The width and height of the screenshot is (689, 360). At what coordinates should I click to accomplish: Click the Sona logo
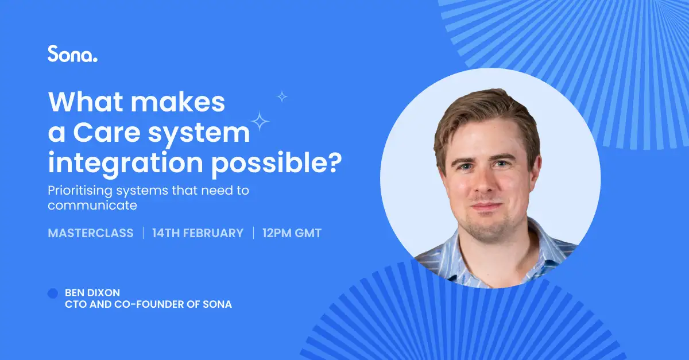click(x=72, y=54)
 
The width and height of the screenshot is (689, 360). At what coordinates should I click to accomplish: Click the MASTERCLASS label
click(x=91, y=233)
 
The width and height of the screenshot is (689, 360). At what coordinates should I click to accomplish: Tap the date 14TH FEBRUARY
click(x=198, y=233)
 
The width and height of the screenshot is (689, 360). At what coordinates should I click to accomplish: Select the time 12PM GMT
click(x=292, y=233)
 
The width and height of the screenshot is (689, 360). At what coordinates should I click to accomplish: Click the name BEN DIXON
click(x=92, y=293)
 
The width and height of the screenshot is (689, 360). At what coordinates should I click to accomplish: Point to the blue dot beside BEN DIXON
click(x=53, y=293)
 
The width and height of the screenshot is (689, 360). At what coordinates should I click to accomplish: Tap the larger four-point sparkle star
click(x=261, y=121)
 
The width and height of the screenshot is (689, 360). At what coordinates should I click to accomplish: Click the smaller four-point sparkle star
click(x=282, y=96)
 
